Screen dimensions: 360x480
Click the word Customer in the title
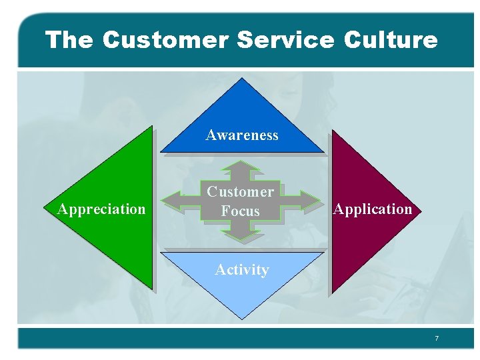(x=165, y=40)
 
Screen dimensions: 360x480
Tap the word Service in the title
(x=285, y=40)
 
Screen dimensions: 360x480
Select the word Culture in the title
(x=391, y=40)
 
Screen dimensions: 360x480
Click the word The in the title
(x=69, y=40)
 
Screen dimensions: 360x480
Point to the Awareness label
(x=242, y=135)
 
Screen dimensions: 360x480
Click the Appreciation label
(x=101, y=209)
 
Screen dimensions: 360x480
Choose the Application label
(x=373, y=209)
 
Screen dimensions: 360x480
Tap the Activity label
(x=242, y=270)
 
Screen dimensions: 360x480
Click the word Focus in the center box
(x=240, y=211)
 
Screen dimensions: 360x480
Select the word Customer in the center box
(x=240, y=192)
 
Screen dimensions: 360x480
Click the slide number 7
(x=437, y=339)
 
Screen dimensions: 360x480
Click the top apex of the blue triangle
(x=243, y=79)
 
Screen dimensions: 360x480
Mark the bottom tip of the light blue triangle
(x=243, y=319)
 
